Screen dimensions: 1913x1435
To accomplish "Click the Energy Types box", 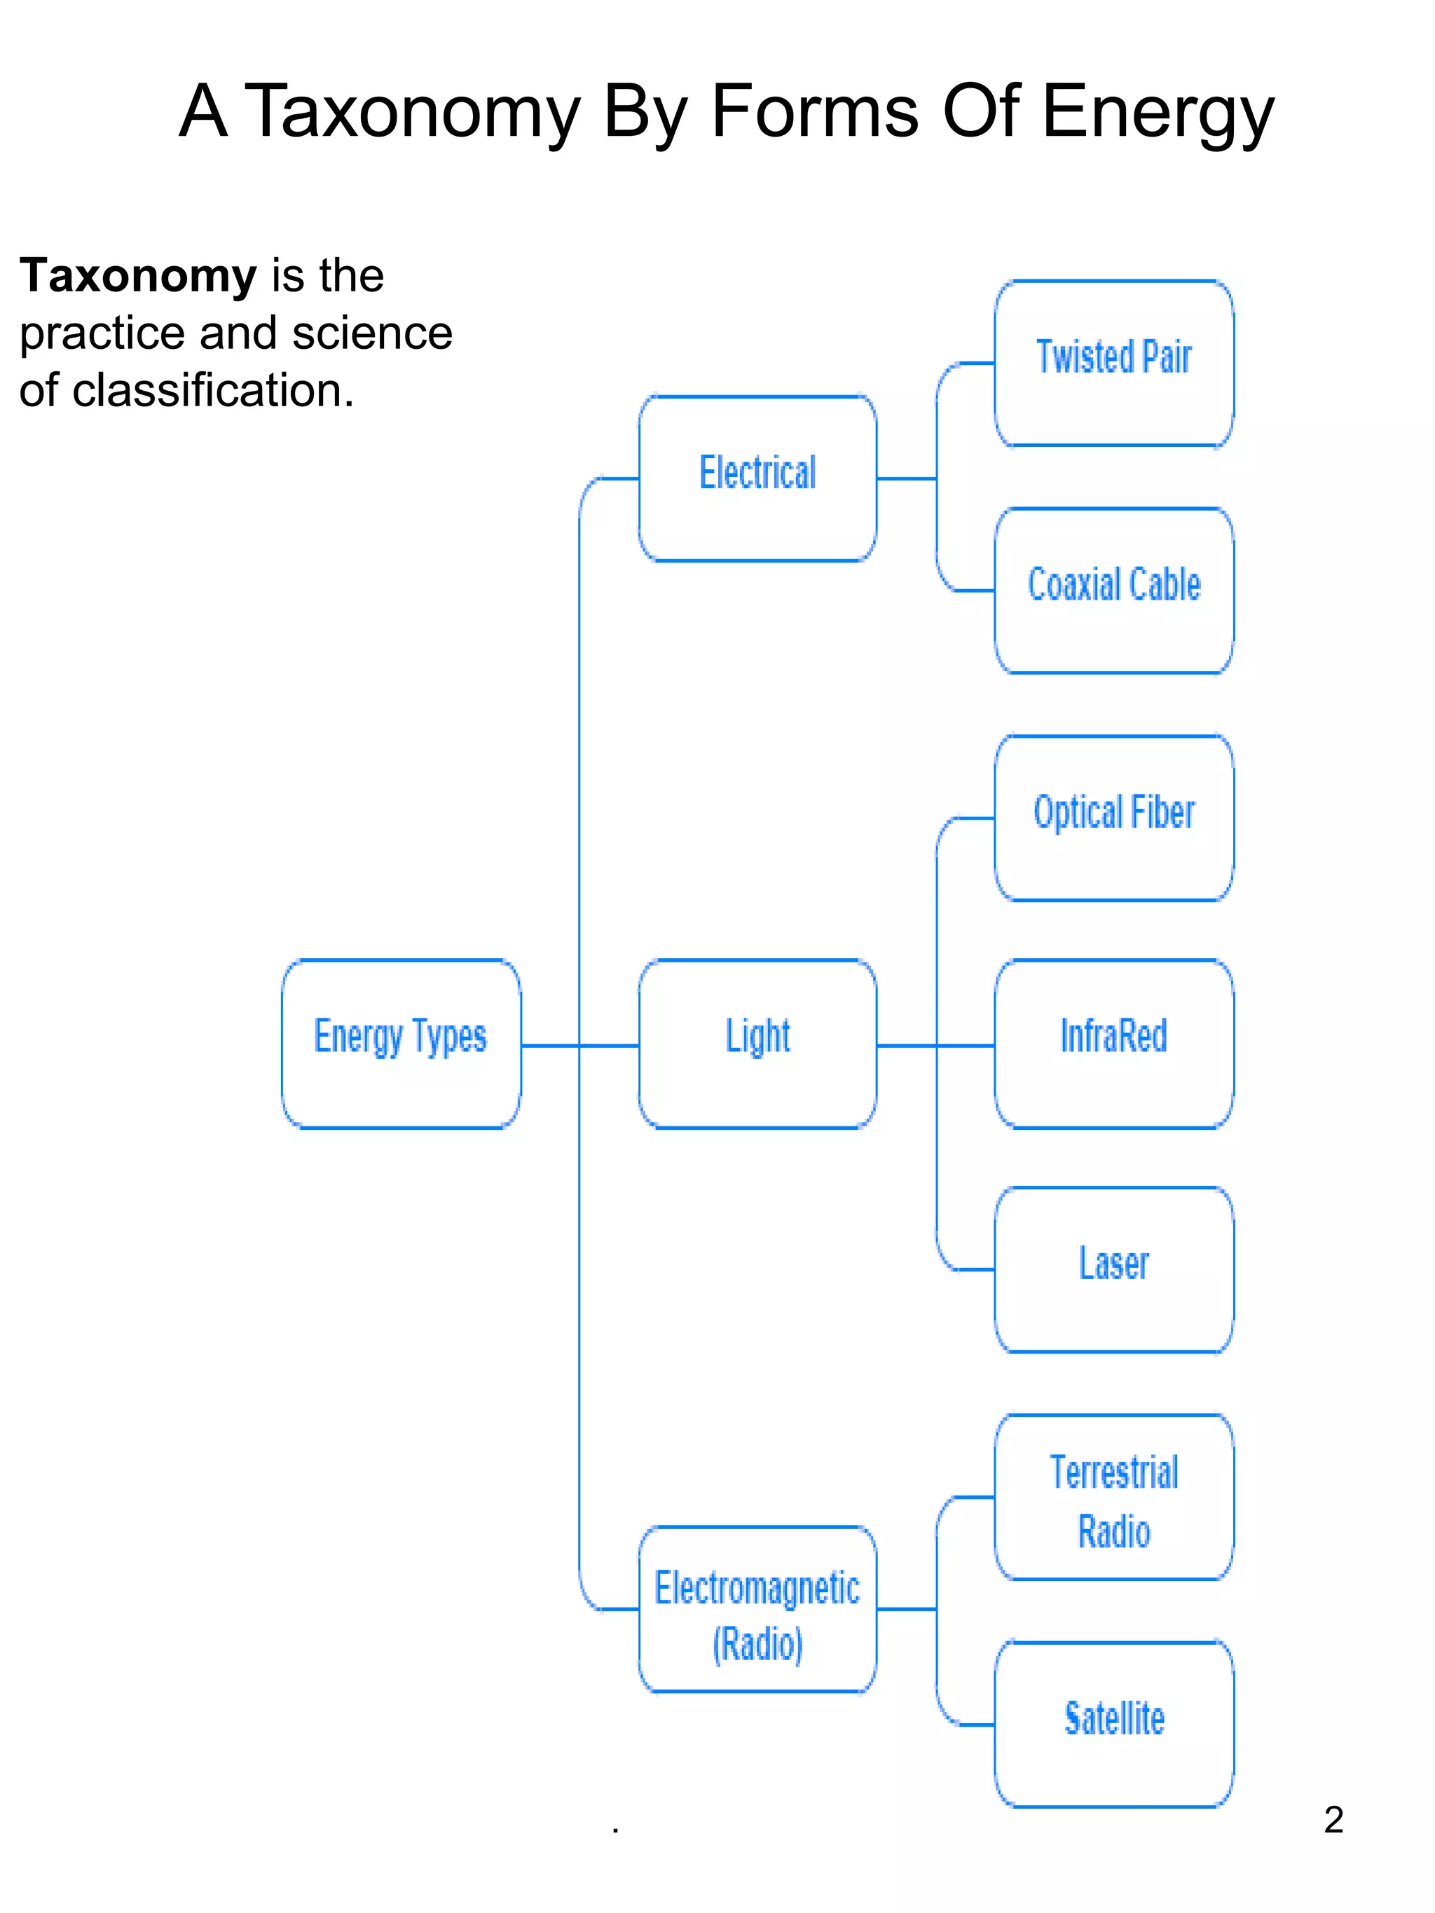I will [x=401, y=1043].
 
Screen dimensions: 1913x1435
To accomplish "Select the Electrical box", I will [x=757, y=478].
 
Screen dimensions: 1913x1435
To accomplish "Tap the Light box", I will [x=757, y=1043].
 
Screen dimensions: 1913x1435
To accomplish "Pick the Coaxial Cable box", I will [x=1114, y=591].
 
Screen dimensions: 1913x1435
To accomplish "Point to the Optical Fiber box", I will [x=1114, y=817].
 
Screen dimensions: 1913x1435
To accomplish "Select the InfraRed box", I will [x=1114, y=1043].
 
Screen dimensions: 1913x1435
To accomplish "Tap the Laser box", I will [x=1114, y=1269].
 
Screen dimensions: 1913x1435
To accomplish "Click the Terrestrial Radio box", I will [x=1114, y=1497].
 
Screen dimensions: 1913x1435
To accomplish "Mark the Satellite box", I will [x=1114, y=1725].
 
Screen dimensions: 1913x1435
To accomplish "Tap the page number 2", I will [x=1333, y=1820].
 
